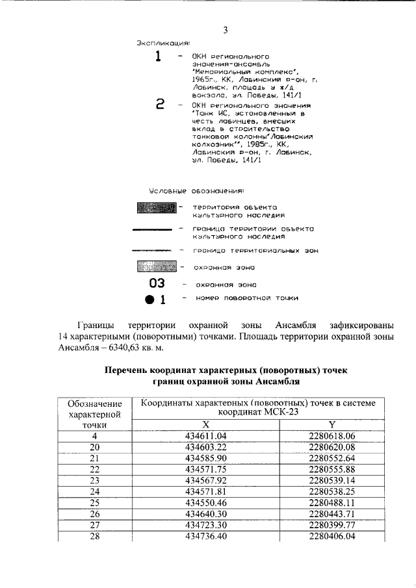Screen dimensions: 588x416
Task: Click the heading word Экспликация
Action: [x=162, y=43]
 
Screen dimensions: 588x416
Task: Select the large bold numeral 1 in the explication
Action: [x=157, y=57]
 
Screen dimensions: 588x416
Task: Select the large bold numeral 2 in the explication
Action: [x=160, y=105]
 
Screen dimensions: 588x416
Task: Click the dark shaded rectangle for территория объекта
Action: [x=157, y=208]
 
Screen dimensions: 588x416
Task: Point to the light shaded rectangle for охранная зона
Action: [x=157, y=267]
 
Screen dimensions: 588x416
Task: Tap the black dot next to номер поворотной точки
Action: [x=149, y=300]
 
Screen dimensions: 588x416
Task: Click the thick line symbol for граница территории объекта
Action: [x=152, y=229]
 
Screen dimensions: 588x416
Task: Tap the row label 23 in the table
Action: [x=95, y=481]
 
